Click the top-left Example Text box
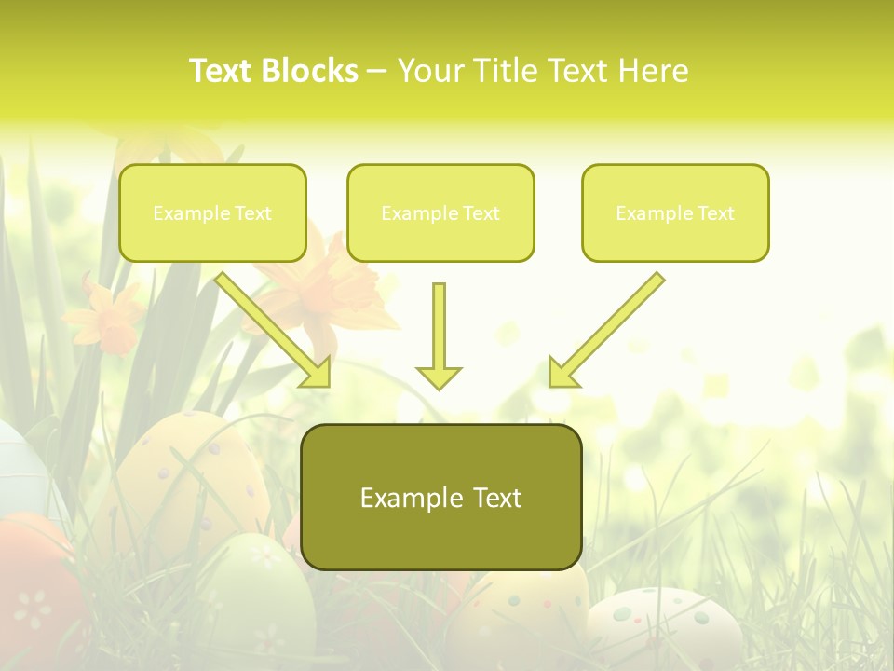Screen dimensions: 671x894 click(212, 213)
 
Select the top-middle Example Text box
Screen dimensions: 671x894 click(440, 213)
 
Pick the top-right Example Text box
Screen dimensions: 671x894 click(675, 213)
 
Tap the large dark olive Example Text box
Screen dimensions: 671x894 click(440, 498)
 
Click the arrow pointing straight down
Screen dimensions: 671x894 click(439, 335)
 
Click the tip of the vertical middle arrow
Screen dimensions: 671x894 click(439, 386)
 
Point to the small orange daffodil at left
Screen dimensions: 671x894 click(104, 317)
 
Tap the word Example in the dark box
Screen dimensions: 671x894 click(398, 498)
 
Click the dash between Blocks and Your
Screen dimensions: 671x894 click(377, 71)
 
